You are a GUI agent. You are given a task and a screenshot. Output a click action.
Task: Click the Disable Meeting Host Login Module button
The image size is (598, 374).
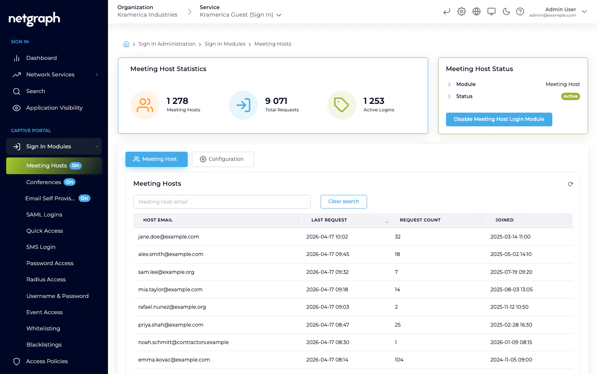pos(499,119)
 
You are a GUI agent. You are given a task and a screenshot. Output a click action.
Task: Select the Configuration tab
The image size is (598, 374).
pos(223,159)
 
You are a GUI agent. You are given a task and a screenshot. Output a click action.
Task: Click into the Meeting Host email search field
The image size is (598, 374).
pos(222,202)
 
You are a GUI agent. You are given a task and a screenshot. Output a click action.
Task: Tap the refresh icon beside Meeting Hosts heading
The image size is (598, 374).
pos(570,184)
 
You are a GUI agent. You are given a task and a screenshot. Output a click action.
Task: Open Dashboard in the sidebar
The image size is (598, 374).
pos(41,58)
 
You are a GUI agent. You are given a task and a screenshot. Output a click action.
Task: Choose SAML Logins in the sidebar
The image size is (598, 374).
pos(44,215)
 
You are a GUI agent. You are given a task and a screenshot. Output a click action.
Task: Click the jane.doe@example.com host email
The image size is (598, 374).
pos(169,237)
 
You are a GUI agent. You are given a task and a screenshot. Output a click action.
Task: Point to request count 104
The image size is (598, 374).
pos(399,360)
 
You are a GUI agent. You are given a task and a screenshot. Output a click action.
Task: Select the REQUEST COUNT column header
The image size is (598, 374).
pos(420,220)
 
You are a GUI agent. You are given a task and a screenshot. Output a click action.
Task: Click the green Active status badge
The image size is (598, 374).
pos(570,96)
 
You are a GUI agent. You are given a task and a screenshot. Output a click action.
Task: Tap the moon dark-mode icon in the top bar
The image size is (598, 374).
pos(506,12)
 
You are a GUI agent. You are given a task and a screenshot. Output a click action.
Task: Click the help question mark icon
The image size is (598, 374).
pos(520,12)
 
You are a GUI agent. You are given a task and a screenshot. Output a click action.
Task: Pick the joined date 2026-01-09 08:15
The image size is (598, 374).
pos(511,342)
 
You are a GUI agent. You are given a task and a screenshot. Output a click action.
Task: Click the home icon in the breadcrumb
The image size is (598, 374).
pos(126,44)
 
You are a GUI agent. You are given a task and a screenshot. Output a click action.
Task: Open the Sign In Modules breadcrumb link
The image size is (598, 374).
pos(225,44)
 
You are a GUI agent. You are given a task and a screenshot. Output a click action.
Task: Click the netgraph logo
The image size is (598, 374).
pos(34,19)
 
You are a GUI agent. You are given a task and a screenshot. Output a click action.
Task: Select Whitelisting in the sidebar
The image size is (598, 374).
pos(43,329)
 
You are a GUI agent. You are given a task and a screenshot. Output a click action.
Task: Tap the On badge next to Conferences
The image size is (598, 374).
pos(70,182)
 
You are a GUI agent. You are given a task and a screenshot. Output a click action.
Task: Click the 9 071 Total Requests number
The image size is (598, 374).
pos(276,101)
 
